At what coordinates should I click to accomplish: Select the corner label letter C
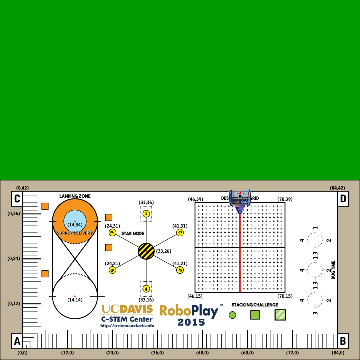click(x=16, y=199)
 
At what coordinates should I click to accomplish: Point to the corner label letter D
click(x=343, y=199)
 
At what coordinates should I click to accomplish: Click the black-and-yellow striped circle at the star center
click(x=147, y=250)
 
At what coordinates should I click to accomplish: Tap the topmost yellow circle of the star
click(x=147, y=213)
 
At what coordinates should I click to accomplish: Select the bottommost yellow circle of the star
click(x=147, y=287)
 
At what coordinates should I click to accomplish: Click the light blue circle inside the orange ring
click(x=75, y=219)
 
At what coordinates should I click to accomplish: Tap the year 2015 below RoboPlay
click(x=190, y=322)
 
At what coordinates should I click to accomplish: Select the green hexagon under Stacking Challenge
click(x=233, y=314)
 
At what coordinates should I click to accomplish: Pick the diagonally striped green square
click(x=281, y=313)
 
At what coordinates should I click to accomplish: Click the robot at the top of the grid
click(x=240, y=200)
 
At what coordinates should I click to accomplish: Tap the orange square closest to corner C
click(x=45, y=206)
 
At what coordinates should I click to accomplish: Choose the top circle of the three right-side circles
click(x=315, y=239)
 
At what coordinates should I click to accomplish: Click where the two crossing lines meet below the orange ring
click(x=75, y=262)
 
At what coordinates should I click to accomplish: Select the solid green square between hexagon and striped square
click(x=256, y=314)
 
